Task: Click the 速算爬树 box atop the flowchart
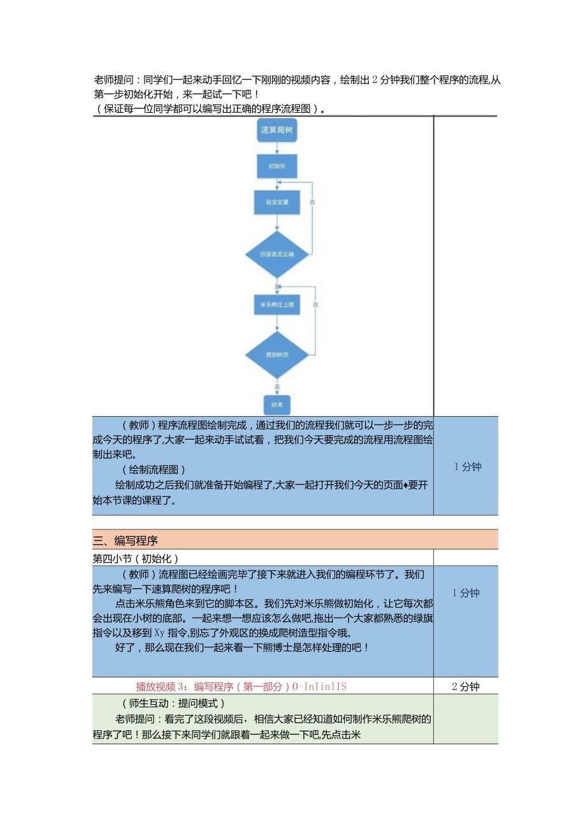pos(276,131)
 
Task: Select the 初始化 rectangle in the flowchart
pos(276,166)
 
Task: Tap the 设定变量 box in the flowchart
pos(276,202)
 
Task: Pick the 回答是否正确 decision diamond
pos(277,254)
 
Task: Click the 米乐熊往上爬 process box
pos(276,305)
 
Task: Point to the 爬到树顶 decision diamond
pos(277,354)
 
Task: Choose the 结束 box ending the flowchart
pos(276,405)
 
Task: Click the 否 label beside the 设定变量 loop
pos(312,202)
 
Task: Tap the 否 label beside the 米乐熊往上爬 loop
pos(315,305)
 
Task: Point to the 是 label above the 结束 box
pos(276,386)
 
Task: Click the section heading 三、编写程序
pos(125,541)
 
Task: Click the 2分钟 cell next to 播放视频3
pos(466,686)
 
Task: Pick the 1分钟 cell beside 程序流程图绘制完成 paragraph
pos(468,466)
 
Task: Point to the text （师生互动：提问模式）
pos(173,703)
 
